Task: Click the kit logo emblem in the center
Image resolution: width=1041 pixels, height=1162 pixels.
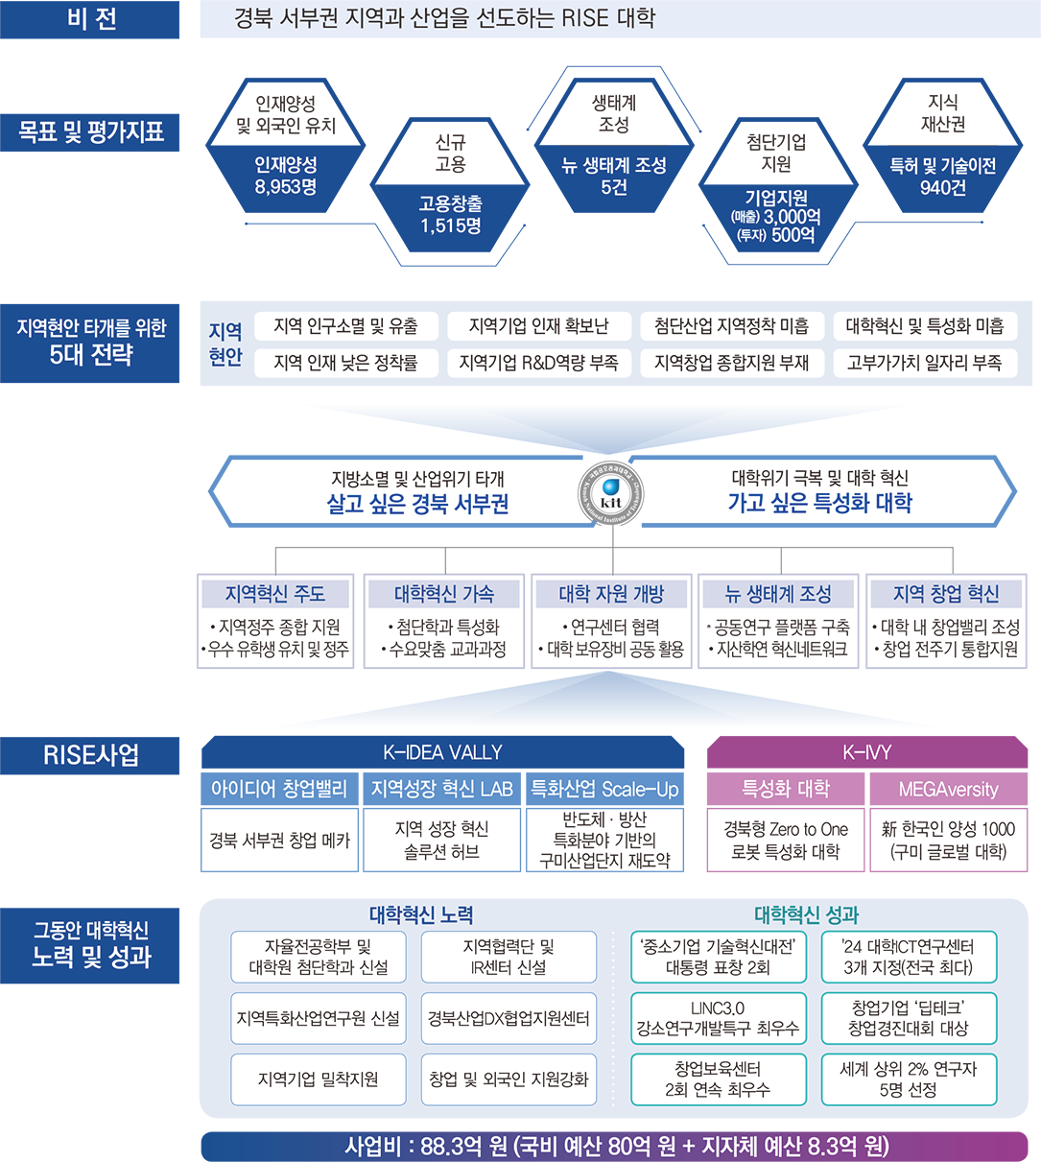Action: (610, 495)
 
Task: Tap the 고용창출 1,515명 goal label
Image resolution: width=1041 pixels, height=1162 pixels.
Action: (450, 214)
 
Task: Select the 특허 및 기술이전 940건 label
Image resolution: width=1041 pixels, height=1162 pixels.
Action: (942, 177)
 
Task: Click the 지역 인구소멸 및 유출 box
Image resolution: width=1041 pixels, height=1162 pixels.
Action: (346, 326)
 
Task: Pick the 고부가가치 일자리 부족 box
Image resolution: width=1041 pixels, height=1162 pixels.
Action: (924, 363)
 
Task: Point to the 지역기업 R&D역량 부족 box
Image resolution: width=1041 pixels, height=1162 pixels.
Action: (538, 363)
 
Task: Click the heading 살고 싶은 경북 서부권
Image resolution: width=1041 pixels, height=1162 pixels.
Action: (417, 504)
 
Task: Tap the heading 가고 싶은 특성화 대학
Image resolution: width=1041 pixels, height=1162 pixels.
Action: (819, 504)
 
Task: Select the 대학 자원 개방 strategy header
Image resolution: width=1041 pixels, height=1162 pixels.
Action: (611, 594)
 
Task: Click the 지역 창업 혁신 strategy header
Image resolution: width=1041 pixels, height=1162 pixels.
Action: (945, 594)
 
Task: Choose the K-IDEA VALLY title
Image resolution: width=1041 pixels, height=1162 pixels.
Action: (442, 752)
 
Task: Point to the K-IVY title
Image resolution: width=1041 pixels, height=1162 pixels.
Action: (866, 752)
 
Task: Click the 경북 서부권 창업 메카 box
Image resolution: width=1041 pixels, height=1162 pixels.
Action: (280, 841)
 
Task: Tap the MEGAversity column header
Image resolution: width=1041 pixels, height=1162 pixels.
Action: (948, 790)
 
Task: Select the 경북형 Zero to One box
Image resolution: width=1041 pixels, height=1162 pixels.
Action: (785, 841)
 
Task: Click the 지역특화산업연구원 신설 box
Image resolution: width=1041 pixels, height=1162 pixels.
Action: (318, 1018)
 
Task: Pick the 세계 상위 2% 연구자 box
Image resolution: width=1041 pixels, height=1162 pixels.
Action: (908, 1079)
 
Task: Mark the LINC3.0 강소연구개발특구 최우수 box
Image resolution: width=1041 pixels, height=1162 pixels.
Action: (717, 1018)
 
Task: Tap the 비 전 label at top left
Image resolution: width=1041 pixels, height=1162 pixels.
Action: (92, 19)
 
